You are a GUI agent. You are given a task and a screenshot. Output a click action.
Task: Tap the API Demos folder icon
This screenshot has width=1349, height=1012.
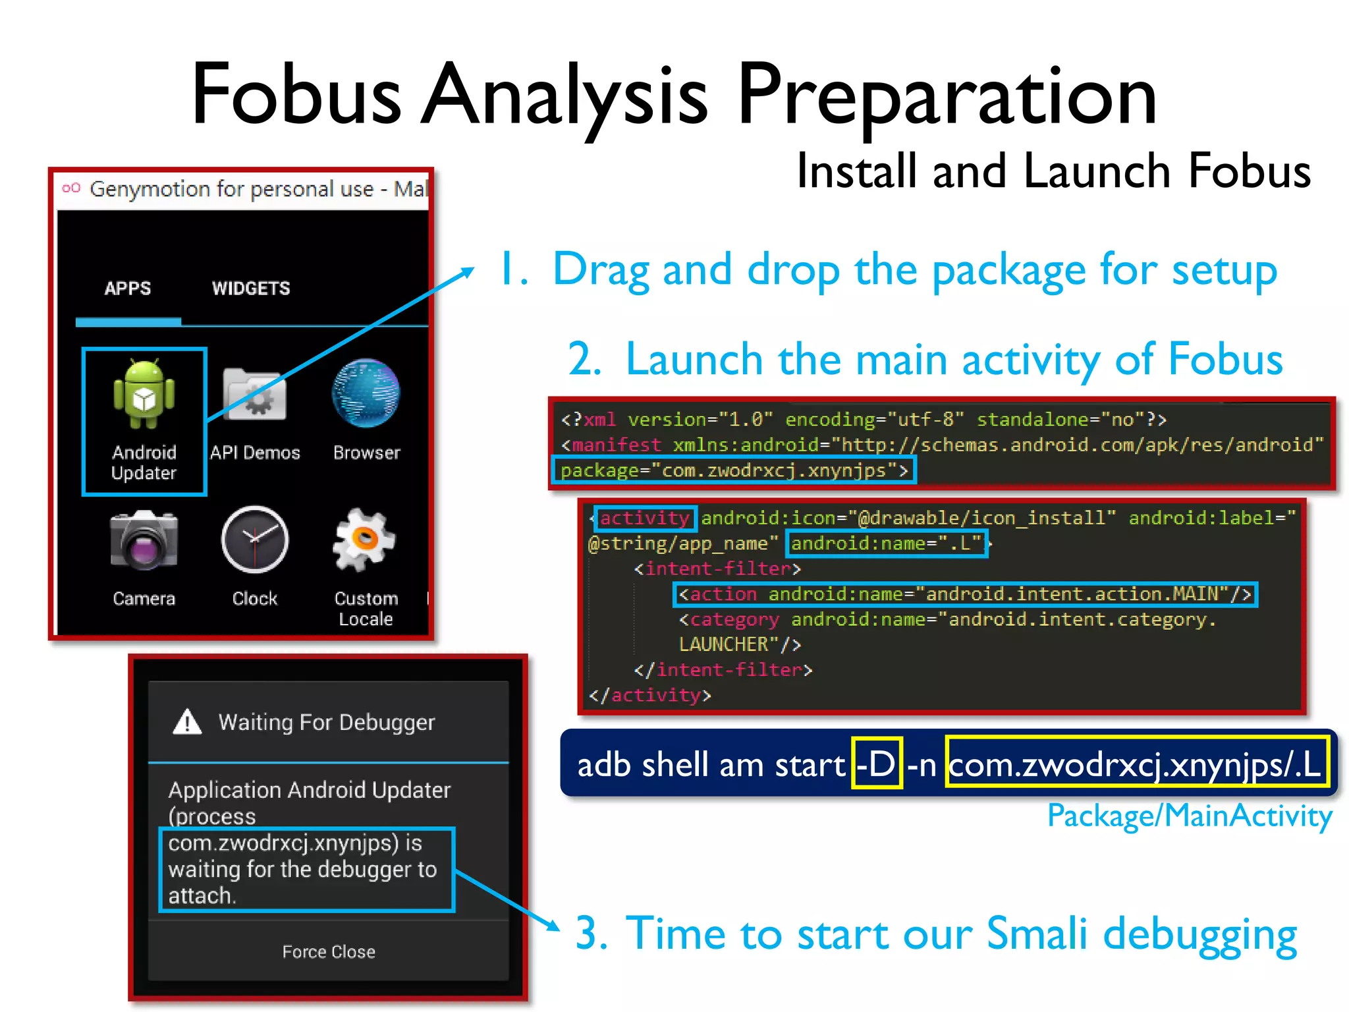(255, 395)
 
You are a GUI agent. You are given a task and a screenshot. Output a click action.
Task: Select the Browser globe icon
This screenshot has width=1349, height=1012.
(366, 393)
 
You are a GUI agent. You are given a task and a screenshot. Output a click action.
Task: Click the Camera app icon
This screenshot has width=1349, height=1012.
(144, 540)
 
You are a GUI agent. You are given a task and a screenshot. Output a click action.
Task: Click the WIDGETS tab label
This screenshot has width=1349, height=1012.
(251, 289)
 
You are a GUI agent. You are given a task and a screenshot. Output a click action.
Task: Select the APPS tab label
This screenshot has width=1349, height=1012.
(128, 289)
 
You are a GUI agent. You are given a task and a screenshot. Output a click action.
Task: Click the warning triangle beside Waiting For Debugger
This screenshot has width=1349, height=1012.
(187, 722)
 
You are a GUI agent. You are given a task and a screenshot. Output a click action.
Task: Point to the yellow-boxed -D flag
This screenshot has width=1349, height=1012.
(876, 765)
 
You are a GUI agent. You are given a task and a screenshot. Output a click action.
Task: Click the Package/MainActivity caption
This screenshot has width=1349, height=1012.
(1190, 816)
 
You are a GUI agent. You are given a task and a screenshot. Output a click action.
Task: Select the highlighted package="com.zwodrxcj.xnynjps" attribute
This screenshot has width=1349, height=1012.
(733, 471)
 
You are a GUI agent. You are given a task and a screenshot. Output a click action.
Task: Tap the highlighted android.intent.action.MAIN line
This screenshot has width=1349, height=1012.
(965, 594)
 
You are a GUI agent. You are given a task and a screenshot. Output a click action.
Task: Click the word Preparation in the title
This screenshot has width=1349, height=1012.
(947, 96)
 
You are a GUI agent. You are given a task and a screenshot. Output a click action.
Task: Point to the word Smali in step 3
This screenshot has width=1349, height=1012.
(1037, 934)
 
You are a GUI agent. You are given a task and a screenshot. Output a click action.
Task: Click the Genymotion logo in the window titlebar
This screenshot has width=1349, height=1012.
(71, 188)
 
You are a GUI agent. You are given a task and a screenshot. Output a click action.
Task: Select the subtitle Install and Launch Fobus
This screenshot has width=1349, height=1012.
(1053, 171)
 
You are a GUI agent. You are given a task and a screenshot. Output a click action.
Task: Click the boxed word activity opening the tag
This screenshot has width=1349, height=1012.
(645, 519)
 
